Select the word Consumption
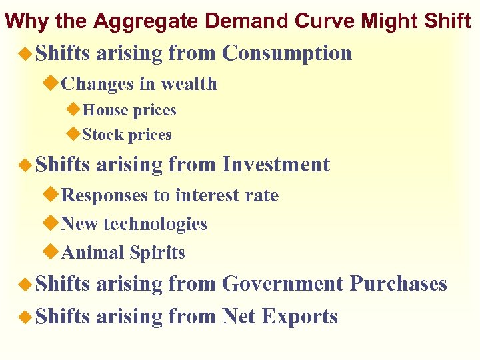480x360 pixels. pyautogui.click(x=287, y=53)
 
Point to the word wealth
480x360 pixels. pyautogui.click(x=189, y=84)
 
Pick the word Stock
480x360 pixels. pyautogui.click(x=103, y=135)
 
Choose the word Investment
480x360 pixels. pyautogui.click(x=276, y=164)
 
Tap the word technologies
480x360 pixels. pyautogui.click(x=156, y=224)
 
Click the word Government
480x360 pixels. pyautogui.click(x=283, y=283)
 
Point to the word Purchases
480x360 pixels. pyautogui.click(x=398, y=283)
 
